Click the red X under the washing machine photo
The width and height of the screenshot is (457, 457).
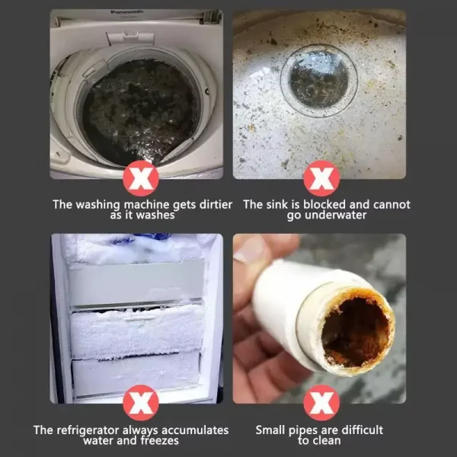pos(140,181)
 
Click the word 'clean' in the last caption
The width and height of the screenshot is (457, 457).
pos(326,441)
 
